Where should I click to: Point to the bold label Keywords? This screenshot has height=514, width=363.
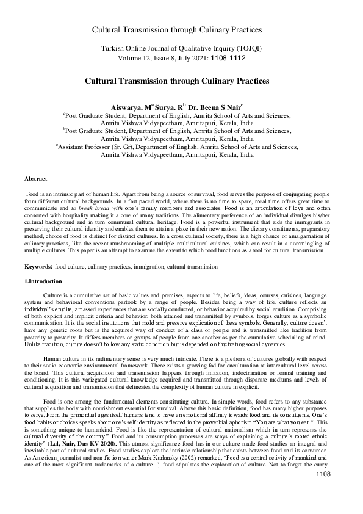click(x=38, y=267)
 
